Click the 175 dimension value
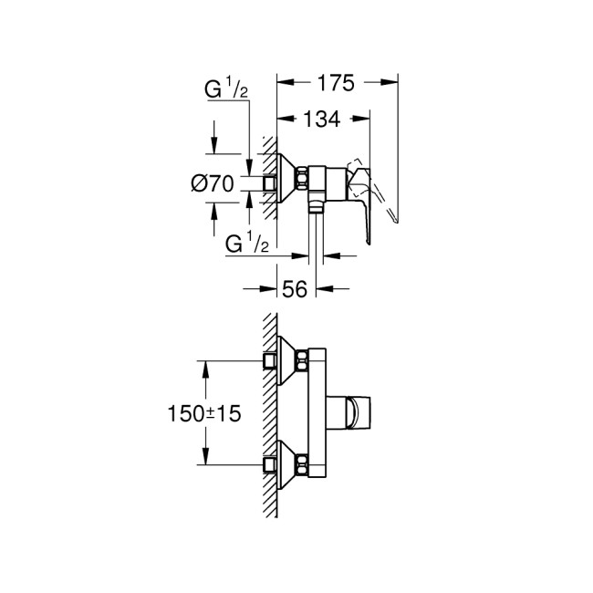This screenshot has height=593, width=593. point(336,84)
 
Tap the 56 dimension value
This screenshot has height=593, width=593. point(294,289)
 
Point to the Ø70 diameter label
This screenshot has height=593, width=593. point(213,183)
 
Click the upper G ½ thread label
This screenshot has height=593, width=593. point(225,90)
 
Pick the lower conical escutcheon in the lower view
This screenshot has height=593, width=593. point(287,463)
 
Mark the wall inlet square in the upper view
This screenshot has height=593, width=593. point(269,182)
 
